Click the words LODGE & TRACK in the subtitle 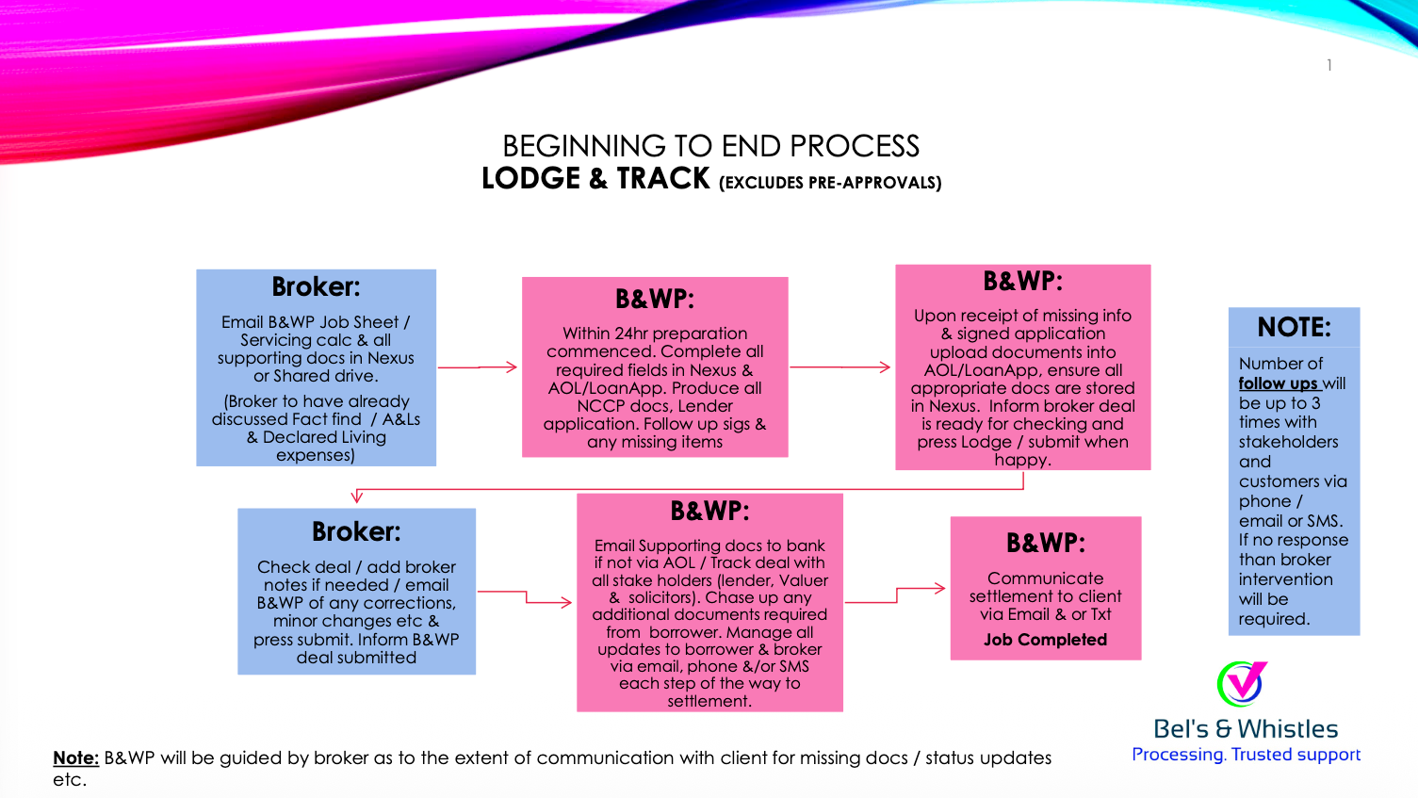tap(595, 178)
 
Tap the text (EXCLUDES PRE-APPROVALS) tap(830, 183)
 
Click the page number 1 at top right tap(1328, 65)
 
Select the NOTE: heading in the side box tap(1294, 327)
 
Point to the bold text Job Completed tap(1045, 640)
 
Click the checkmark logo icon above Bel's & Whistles tap(1242, 683)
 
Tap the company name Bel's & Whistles tap(1246, 728)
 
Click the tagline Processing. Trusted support tap(1246, 755)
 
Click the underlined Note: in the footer tap(75, 757)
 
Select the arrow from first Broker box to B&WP tap(479, 366)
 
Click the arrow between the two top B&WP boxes tap(840, 366)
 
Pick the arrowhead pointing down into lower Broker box tap(357, 497)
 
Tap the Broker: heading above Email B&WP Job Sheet tap(316, 286)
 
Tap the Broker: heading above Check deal tap(356, 532)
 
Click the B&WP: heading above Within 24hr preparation tap(655, 299)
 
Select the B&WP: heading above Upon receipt tap(1022, 281)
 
